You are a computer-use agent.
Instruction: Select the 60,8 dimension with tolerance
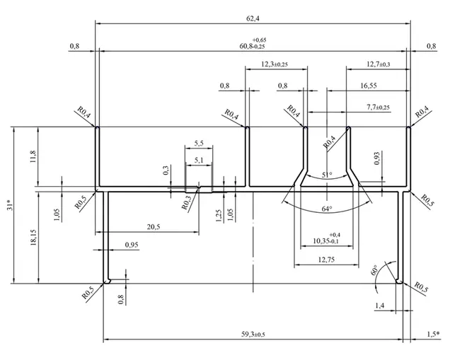pos(253,43)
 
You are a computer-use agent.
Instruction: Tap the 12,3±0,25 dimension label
pos(275,64)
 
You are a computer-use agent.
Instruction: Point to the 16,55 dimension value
pos(369,86)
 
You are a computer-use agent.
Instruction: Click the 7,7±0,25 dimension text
pos(379,108)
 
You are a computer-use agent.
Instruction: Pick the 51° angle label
pos(327,175)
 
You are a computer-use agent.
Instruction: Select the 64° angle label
pos(327,209)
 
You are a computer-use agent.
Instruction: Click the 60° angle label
pos(374,270)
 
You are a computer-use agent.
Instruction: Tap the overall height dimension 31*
pos(10,205)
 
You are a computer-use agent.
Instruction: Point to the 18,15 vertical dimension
pos(33,237)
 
